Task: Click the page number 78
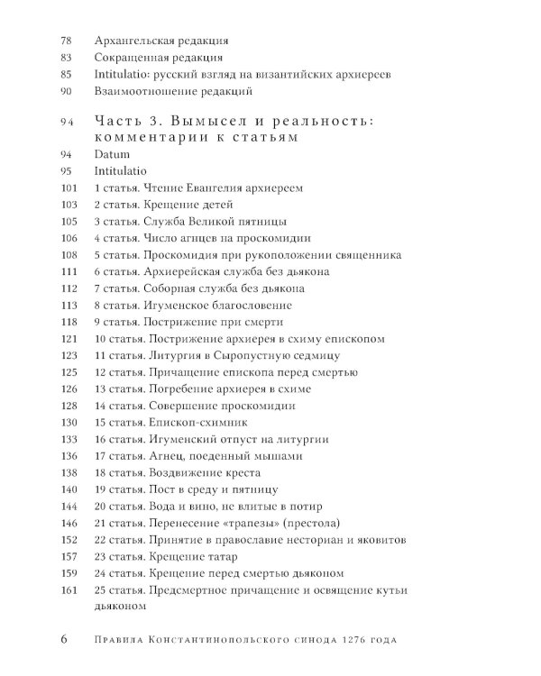click(64, 41)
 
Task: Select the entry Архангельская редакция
click(160, 41)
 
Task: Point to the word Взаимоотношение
click(147, 91)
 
